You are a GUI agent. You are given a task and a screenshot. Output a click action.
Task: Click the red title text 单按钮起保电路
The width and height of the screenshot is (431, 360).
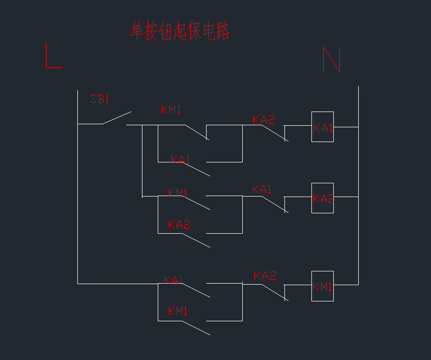[x=180, y=31]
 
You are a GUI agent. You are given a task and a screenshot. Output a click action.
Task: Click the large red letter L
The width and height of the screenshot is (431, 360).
[x=53, y=56]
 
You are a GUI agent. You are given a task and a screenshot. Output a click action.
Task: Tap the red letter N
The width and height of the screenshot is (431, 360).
[x=331, y=60]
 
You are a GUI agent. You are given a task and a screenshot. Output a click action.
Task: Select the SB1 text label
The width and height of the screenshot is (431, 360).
[x=100, y=99]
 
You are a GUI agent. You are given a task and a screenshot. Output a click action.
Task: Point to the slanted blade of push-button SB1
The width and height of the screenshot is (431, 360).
[x=117, y=118]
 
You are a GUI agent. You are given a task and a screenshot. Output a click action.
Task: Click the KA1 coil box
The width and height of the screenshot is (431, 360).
[x=323, y=127]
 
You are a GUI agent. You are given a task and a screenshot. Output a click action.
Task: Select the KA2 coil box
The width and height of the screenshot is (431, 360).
[x=323, y=198]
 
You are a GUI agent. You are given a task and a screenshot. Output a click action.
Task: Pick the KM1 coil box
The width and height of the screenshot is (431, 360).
[x=323, y=286]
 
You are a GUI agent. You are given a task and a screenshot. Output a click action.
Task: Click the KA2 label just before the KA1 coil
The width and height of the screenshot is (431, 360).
[x=263, y=120]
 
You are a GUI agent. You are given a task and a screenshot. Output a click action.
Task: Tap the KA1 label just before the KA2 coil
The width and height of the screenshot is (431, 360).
[x=262, y=189]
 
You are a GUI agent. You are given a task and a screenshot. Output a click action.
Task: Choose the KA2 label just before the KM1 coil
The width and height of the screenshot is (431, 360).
[x=265, y=276]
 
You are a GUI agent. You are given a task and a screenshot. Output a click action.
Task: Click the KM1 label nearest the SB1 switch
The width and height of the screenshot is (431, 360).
[x=171, y=109]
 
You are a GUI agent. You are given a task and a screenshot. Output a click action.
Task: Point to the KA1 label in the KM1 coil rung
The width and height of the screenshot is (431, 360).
[x=174, y=280]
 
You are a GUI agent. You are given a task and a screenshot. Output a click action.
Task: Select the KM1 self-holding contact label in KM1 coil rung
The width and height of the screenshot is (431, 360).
[x=178, y=311]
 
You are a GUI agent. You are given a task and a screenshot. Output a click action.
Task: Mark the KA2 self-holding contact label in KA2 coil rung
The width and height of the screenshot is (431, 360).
[x=179, y=225]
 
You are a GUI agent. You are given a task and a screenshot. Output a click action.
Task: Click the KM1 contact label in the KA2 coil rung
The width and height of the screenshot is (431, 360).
[x=178, y=193]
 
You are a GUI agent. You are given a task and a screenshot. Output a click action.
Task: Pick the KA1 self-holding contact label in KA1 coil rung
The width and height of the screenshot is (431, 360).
[x=180, y=159]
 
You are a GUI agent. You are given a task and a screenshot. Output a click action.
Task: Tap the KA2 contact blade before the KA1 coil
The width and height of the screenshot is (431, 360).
[x=274, y=132]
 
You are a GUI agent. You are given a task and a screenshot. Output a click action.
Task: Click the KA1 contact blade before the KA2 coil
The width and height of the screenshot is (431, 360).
[x=274, y=204]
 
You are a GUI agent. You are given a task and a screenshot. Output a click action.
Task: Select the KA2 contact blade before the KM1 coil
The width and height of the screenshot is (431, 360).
[x=274, y=292]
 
